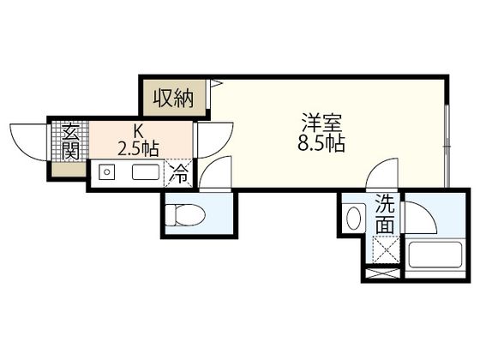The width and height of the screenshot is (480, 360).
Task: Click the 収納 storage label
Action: coord(174,97)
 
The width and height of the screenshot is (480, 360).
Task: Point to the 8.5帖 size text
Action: coord(321,144)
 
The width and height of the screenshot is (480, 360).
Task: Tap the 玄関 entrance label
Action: coord(70,142)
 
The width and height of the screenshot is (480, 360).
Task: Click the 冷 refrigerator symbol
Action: coord(180,172)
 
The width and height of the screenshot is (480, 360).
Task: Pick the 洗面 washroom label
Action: coord(386,215)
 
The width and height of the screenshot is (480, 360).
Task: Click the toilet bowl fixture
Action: coord(183,214)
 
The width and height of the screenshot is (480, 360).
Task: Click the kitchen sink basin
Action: coord(144,172)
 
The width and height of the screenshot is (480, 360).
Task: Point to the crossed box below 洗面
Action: coord(384,249)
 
